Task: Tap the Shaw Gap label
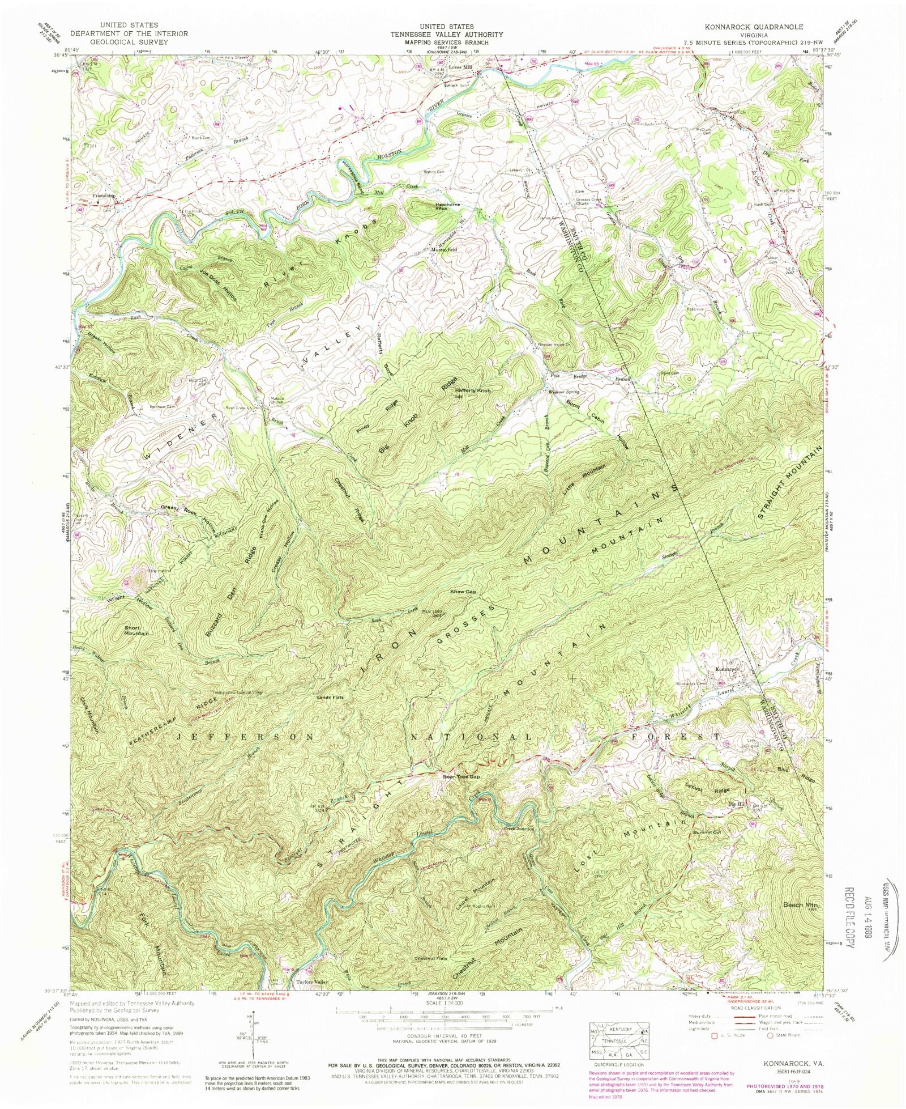click(x=463, y=592)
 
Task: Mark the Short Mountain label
click(x=136, y=630)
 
